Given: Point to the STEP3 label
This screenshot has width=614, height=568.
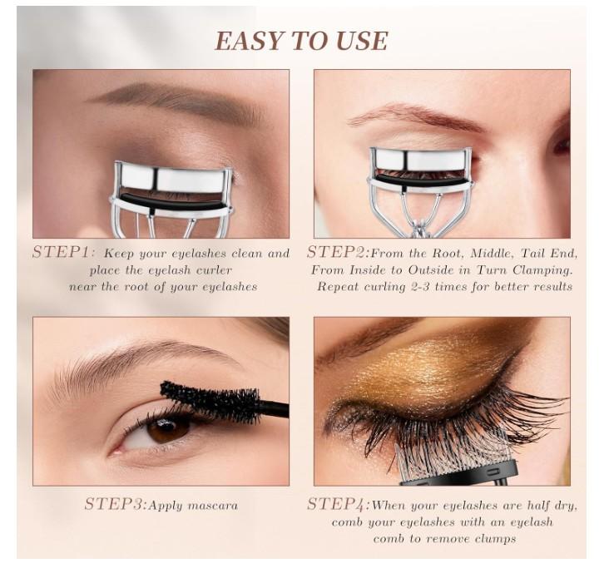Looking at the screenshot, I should (x=115, y=504).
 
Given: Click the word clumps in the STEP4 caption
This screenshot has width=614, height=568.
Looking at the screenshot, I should (x=490, y=539).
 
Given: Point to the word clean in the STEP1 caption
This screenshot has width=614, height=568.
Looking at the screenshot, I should (x=245, y=254).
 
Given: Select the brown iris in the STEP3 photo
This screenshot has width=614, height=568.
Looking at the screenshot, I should (x=170, y=428).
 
